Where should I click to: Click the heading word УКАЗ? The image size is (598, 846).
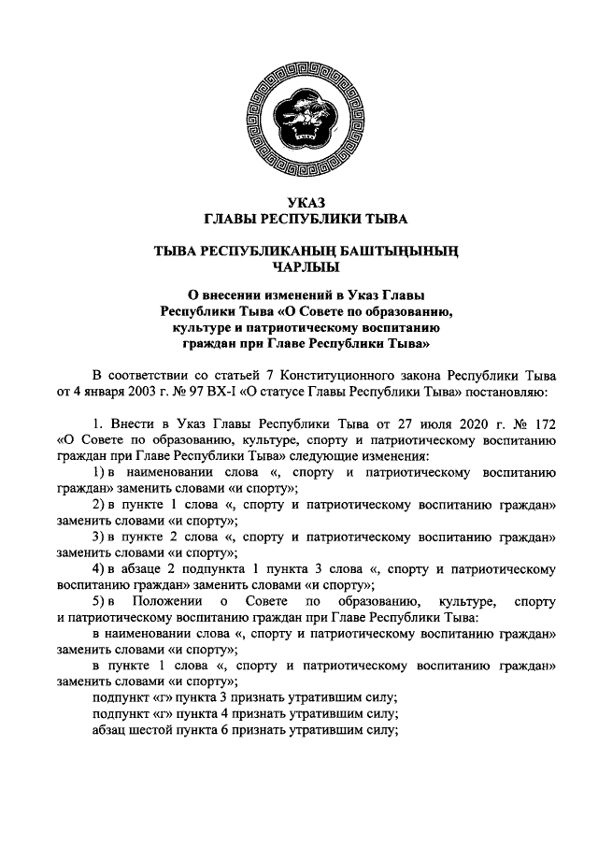tap(299, 203)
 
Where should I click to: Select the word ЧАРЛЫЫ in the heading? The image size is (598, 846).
tap(299, 265)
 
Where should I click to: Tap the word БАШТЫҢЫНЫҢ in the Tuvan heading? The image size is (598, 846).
tap(400, 250)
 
